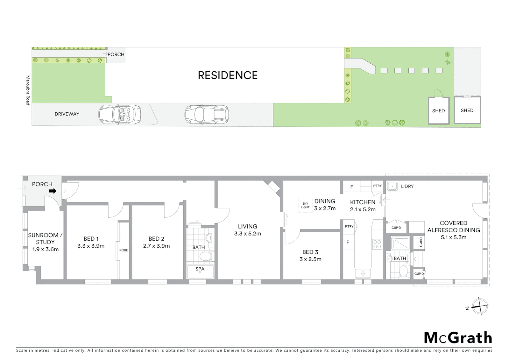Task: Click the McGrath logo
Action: (x=458, y=338)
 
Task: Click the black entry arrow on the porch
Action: (x=53, y=191)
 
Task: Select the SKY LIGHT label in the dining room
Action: (x=305, y=205)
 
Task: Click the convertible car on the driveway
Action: (x=120, y=114)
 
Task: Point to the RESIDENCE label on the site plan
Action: (x=228, y=75)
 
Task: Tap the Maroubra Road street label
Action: (x=28, y=90)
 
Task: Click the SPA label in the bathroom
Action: (x=200, y=269)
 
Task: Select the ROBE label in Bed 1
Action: (x=124, y=250)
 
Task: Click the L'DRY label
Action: (x=407, y=186)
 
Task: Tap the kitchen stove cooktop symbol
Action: (x=377, y=244)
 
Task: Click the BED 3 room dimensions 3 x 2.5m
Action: (x=310, y=259)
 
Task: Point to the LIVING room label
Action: (x=248, y=226)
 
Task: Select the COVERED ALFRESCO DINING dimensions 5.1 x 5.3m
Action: (x=453, y=237)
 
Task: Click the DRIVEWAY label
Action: (x=67, y=114)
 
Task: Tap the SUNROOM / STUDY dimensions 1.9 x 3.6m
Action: (x=45, y=249)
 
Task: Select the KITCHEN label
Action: (x=362, y=202)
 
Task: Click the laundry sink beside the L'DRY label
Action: (x=392, y=187)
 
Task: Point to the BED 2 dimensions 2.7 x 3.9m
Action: (x=156, y=246)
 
